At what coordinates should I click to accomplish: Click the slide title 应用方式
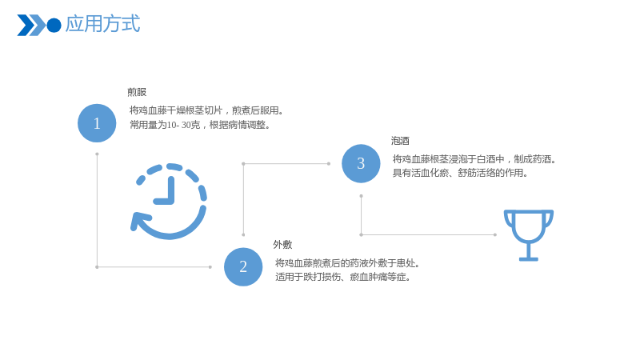click(x=102, y=24)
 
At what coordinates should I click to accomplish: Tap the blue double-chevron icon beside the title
click(x=31, y=26)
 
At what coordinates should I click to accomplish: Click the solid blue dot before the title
click(x=54, y=26)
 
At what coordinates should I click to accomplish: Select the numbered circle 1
click(x=97, y=123)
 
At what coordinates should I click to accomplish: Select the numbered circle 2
click(x=243, y=267)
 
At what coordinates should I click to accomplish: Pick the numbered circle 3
click(x=361, y=164)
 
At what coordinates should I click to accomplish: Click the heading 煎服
click(x=137, y=92)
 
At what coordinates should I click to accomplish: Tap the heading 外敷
click(x=282, y=245)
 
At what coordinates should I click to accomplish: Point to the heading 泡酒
click(x=400, y=141)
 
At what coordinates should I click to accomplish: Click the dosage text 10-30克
click(x=184, y=125)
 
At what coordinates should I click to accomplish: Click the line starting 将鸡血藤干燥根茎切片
click(x=206, y=110)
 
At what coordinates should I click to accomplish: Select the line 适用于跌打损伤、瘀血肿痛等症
click(x=343, y=277)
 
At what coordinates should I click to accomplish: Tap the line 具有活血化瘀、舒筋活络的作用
click(x=461, y=173)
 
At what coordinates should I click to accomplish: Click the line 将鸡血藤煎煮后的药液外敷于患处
click(x=347, y=263)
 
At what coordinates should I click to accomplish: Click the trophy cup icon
click(x=529, y=235)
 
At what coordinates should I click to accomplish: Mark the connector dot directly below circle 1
click(x=97, y=154)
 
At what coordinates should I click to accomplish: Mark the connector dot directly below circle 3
click(x=361, y=196)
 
